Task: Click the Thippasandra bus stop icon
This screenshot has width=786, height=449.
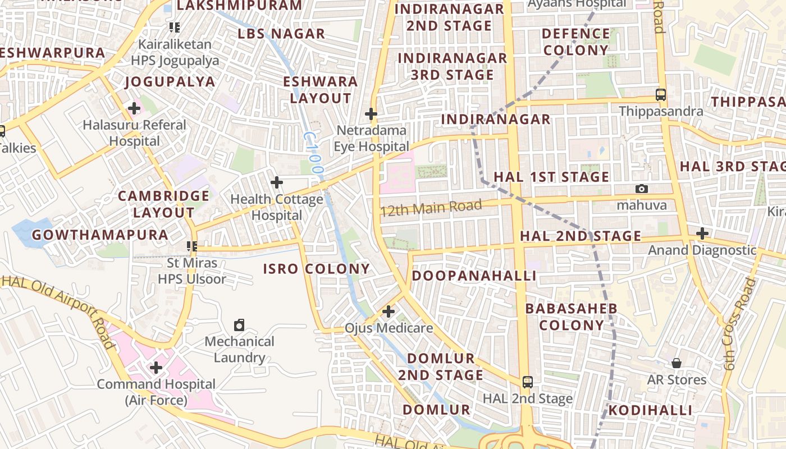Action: point(661,95)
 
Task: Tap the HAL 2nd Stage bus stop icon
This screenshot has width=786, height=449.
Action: point(527,382)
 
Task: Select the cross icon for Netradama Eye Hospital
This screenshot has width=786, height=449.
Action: point(371,114)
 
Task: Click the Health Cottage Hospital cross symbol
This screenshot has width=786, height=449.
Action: point(276,182)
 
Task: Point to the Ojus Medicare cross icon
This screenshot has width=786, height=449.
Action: point(388,311)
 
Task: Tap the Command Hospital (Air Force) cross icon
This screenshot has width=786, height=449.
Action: point(156,368)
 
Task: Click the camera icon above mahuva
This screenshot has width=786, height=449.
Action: point(642,189)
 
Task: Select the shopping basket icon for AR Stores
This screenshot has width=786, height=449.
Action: point(677,363)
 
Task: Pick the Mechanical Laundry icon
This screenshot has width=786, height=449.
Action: point(239,325)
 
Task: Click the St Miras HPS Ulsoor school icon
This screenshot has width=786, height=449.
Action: point(192,246)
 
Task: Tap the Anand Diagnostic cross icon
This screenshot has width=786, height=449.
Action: point(702,233)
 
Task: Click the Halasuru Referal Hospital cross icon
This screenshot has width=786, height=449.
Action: point(134,108)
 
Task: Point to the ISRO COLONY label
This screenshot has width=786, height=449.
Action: point(317,269)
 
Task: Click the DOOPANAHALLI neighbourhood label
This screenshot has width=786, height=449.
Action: point(474,276)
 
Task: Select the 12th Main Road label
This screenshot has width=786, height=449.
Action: point(431,208)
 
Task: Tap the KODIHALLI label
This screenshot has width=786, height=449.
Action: point(650,410)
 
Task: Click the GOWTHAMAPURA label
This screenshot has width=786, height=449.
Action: point(100,235)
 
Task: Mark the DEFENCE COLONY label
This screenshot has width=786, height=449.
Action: point(575,42)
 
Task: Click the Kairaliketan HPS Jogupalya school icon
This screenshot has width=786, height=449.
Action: point(174,27)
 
